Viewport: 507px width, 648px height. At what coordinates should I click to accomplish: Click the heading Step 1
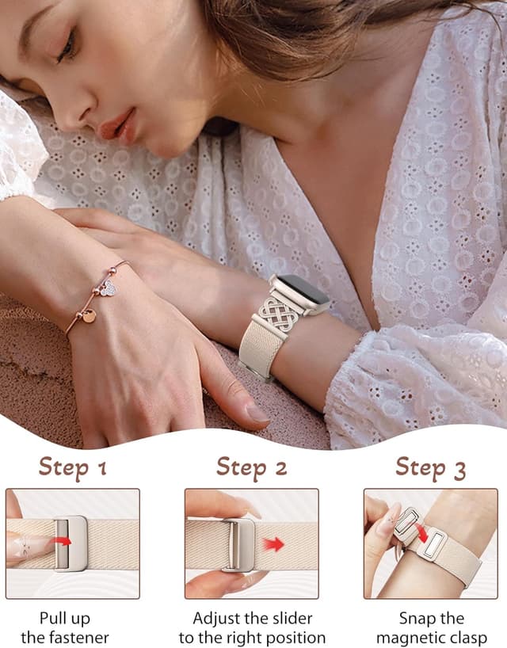(72, 467)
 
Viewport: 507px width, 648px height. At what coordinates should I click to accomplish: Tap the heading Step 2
(251, 467)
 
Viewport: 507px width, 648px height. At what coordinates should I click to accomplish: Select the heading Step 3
(430, 467)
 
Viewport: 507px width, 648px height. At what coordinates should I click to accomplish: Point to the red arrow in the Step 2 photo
(274, 544)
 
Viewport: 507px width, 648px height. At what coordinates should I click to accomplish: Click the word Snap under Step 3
(417, 618)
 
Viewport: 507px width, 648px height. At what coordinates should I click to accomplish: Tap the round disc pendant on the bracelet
(89, 316)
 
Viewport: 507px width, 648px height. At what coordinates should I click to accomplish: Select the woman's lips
(116, 126)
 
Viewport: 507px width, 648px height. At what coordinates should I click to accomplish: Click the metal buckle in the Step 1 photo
(71, 543)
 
